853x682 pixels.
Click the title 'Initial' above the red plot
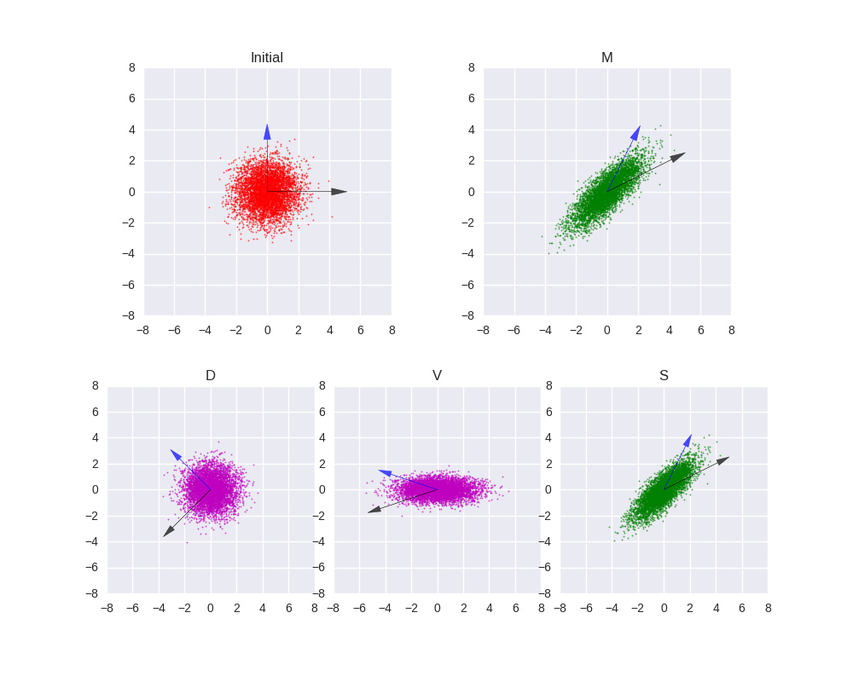pyautogui.click(x=267, y=58)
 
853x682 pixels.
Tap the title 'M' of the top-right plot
pyautogui.click(x=607, y=58)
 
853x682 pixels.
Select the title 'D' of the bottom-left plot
pyautogui.click(x=211, y=376)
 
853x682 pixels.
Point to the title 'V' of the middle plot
pyautogui.click(x=437, y=376)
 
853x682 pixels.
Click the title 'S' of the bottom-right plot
pyautogui.click(x=664, y=376)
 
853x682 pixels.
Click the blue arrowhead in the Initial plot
pyautogui.click(x=267, y=132)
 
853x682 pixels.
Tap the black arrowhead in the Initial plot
pyautogui.click(x=339, y=192)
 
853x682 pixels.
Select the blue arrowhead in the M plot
pyautogui.click(x=636, y=133)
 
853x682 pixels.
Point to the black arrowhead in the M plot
pyautogui.click(x=678, y=157)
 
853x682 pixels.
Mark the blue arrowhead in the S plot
pyautogui.click(x=688, y=441)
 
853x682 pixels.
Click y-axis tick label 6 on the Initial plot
pyautogui.click(x=132, y=99)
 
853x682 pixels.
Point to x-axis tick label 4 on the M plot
pyautogui.click(x=670, y=330)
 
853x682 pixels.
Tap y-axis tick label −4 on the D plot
pyautogui.click(x=95, y=541)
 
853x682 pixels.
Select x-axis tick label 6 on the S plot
pyautogui.click(x=741, y=608)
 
